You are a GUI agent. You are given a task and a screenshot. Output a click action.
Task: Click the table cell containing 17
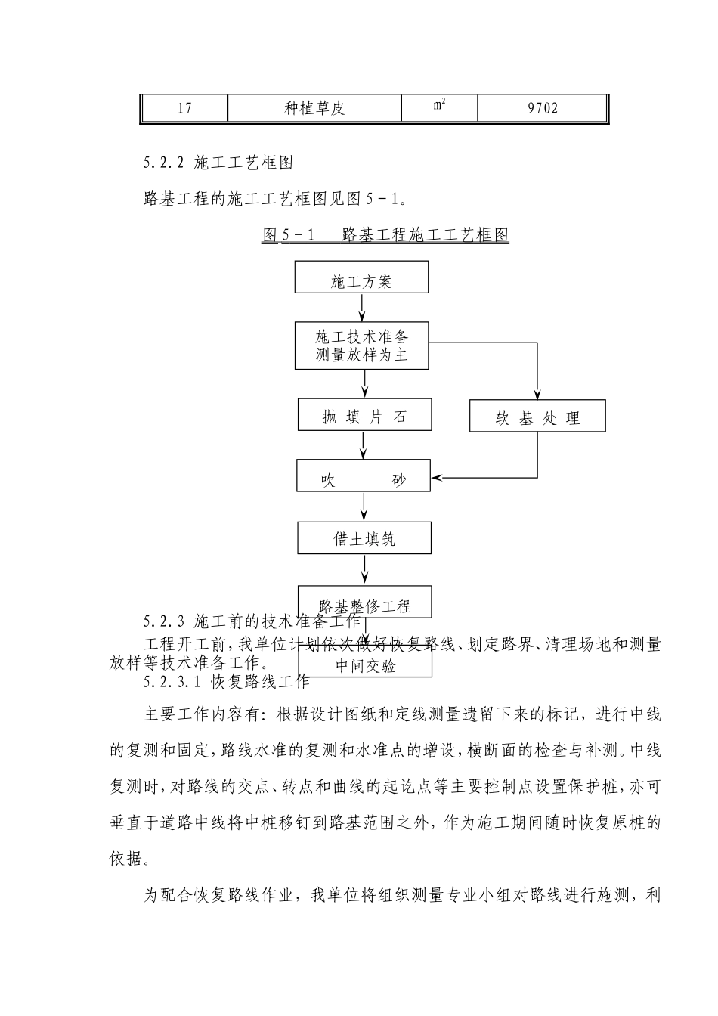click(184, 108)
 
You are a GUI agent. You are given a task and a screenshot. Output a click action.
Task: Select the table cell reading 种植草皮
click(314, 108)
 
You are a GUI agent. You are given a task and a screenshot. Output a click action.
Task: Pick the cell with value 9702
click(543, 108)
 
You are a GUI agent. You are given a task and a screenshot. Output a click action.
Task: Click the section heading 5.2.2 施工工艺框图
click(218, 162)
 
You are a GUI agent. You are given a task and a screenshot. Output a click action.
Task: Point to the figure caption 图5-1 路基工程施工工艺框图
click(385, 234)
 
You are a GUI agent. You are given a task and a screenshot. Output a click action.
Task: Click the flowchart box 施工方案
click(361, 277)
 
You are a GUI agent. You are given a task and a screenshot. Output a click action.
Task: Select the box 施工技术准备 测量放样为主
click(361, 345)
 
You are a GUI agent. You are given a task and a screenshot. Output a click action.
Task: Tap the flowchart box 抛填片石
click(364, 415)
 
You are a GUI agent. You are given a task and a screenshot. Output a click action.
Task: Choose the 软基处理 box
click(537, 417)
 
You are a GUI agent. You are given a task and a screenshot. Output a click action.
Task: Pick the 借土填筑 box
click(364, 537)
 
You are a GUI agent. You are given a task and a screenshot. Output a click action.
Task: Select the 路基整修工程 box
click(364, 604)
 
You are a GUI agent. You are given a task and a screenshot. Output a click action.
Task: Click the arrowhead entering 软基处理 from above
click(537, 393)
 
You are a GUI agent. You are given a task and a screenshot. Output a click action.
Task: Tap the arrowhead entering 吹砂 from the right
click(437, 478)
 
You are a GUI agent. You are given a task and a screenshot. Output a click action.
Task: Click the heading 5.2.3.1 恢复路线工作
click(227, 682)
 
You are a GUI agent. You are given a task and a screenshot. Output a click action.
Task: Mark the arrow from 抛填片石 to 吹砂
click(364, 445)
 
